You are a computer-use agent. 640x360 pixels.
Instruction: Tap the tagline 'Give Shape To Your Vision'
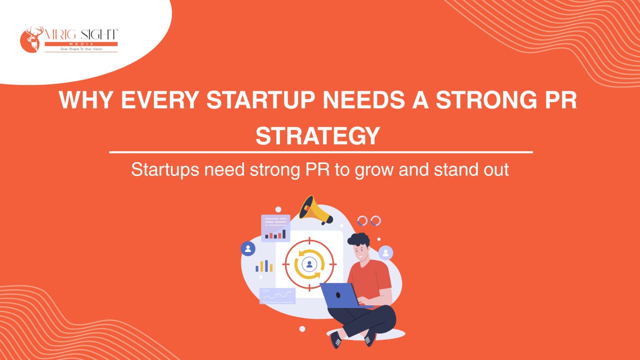pos(81,49)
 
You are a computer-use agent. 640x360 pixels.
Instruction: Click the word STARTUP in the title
pos(260,100)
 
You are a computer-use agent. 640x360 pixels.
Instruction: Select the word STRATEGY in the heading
pos(318,136)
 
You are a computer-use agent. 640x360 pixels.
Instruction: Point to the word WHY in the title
pos(86,100)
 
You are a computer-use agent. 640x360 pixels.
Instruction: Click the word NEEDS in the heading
pos(364,100)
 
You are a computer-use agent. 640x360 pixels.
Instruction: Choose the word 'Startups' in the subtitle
pos(165,170)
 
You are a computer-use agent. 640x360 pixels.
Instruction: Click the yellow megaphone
pos(315,210)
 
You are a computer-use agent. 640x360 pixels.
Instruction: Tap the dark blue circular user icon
pos(248,248)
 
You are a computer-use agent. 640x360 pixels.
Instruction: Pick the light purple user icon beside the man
pos(386,253)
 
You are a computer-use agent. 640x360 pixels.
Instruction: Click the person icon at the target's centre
pos(310,264)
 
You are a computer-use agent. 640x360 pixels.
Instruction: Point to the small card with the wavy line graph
pos(278,296)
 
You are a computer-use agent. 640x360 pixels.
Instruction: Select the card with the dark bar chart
pos(276,228)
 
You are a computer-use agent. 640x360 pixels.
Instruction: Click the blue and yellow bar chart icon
pos(264,266)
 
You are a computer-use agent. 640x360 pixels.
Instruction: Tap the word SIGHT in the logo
pos(99,35)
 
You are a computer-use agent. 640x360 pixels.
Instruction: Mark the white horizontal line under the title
pos(321,152)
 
